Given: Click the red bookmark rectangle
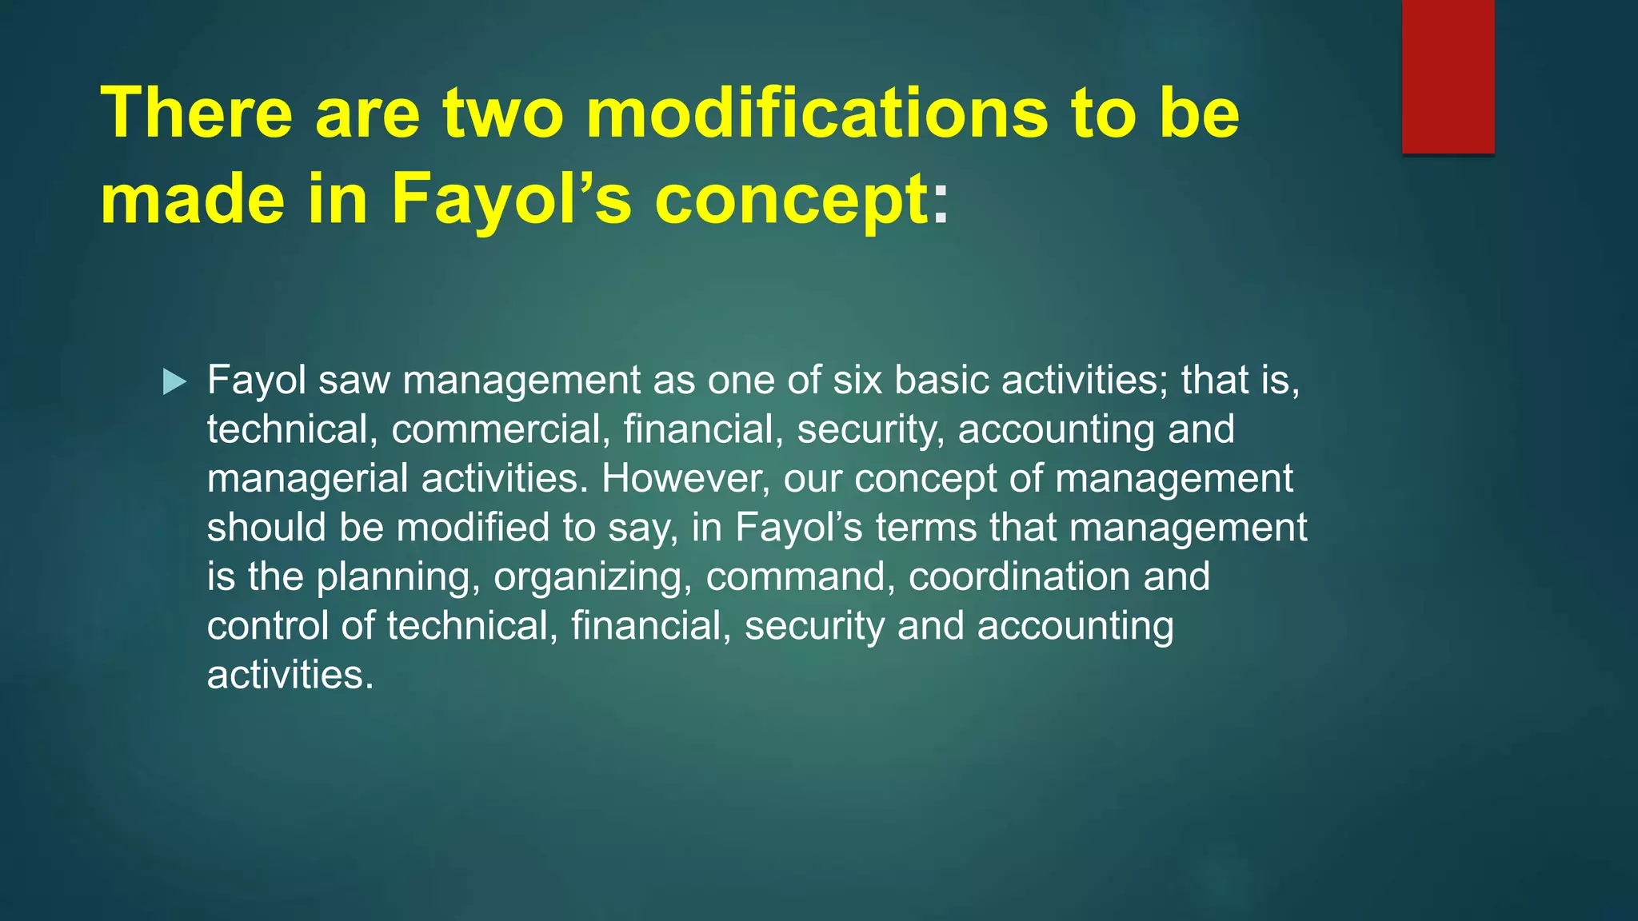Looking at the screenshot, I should (x=1448, y=77).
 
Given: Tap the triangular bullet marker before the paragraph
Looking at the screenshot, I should (x=174, y=382).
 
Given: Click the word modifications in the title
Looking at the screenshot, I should (x=817, y=113).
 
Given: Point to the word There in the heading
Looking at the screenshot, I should (x=197, y=113).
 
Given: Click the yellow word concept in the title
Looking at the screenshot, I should (x=792, y=200).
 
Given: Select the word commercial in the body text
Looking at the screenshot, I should (x=496, y=429).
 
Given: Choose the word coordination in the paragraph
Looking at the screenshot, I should (x=1020, y=577).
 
